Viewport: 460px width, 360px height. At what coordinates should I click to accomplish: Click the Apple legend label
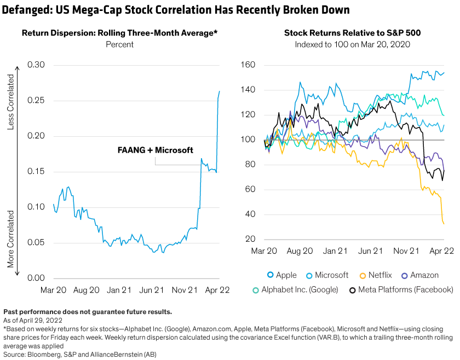(286, 275)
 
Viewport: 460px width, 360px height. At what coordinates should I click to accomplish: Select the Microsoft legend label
(331, 275)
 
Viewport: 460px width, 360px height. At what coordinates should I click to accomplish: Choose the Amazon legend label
(424, 275)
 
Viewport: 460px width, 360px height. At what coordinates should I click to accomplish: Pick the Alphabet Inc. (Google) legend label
(300, 289)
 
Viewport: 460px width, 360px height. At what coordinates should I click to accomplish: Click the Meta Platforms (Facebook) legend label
(406, 289)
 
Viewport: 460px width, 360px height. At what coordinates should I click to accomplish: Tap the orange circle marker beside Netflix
(362, 275)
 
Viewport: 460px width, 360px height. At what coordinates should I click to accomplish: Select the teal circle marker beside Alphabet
(255, 289)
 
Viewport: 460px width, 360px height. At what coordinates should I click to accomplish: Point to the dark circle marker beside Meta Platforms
(353, 289)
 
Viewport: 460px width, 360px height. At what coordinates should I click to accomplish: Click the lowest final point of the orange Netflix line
(444, 223)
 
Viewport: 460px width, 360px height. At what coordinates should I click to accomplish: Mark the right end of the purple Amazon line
(444, 170)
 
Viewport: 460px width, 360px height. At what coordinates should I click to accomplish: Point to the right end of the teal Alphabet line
(444, 115)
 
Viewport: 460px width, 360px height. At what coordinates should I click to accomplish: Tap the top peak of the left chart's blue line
(220, 91)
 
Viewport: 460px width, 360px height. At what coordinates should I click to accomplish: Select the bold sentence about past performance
(88, 312)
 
